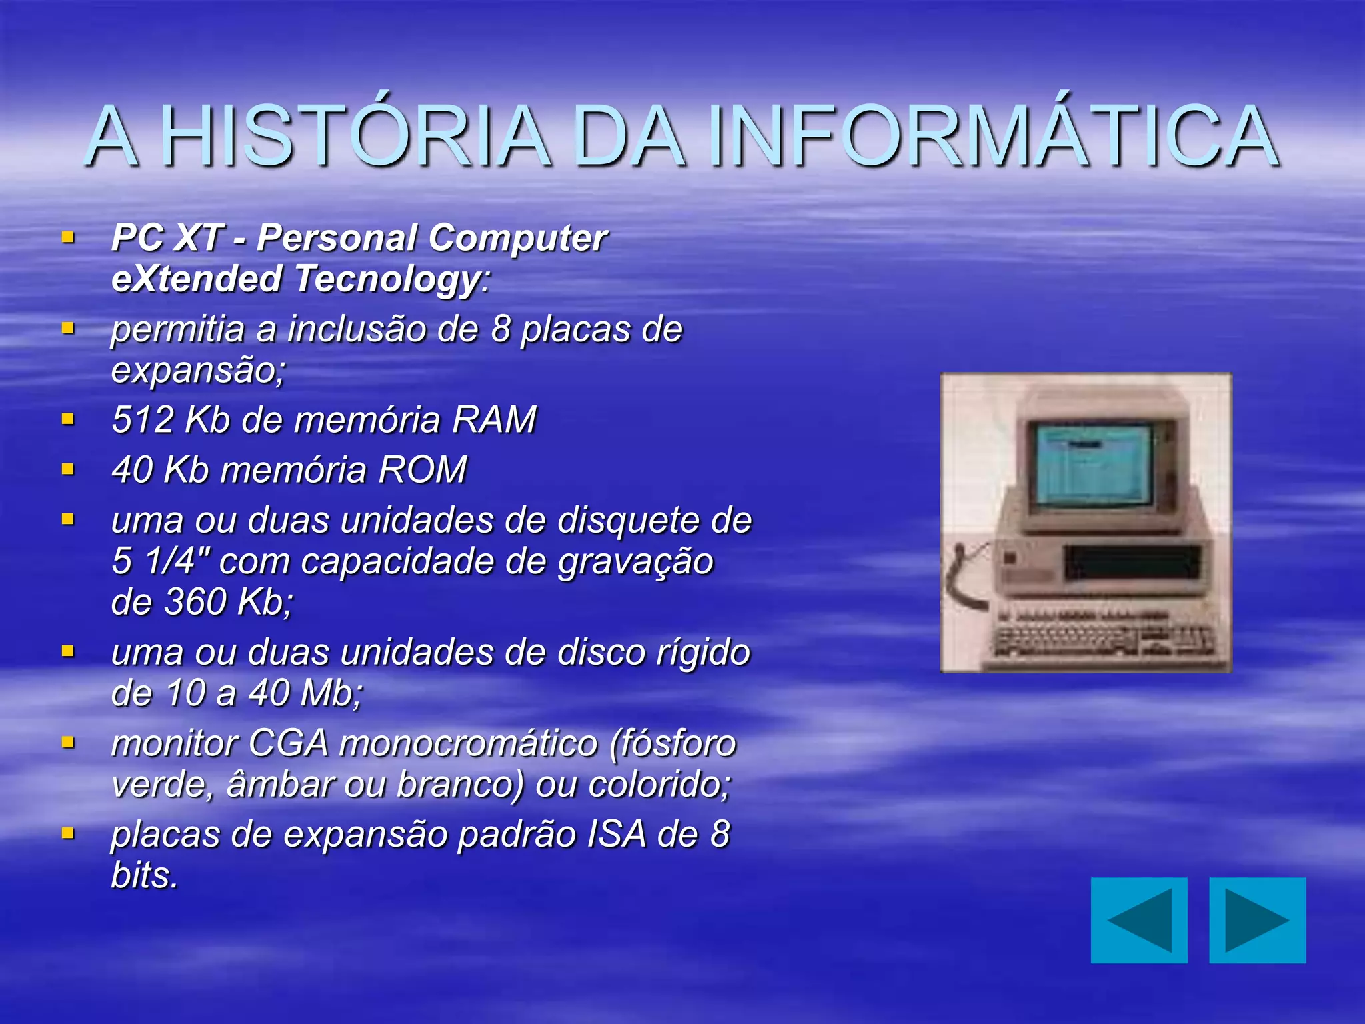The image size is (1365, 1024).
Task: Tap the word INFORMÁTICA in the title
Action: (993, 137)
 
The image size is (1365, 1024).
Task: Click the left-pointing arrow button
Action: (1138, 920)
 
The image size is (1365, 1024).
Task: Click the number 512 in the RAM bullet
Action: (143, 420)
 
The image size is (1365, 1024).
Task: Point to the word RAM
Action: (494, 420)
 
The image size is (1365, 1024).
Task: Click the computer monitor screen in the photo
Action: (1093, 465)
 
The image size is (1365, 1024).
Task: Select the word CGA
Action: (288, 743)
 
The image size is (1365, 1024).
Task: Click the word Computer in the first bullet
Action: (517, 238)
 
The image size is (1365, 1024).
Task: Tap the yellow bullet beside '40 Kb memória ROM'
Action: (67, 469)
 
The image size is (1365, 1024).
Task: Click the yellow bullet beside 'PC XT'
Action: (67, 237)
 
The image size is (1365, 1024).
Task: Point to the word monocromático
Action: (468, 743)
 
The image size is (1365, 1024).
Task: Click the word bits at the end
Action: (145, 875)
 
